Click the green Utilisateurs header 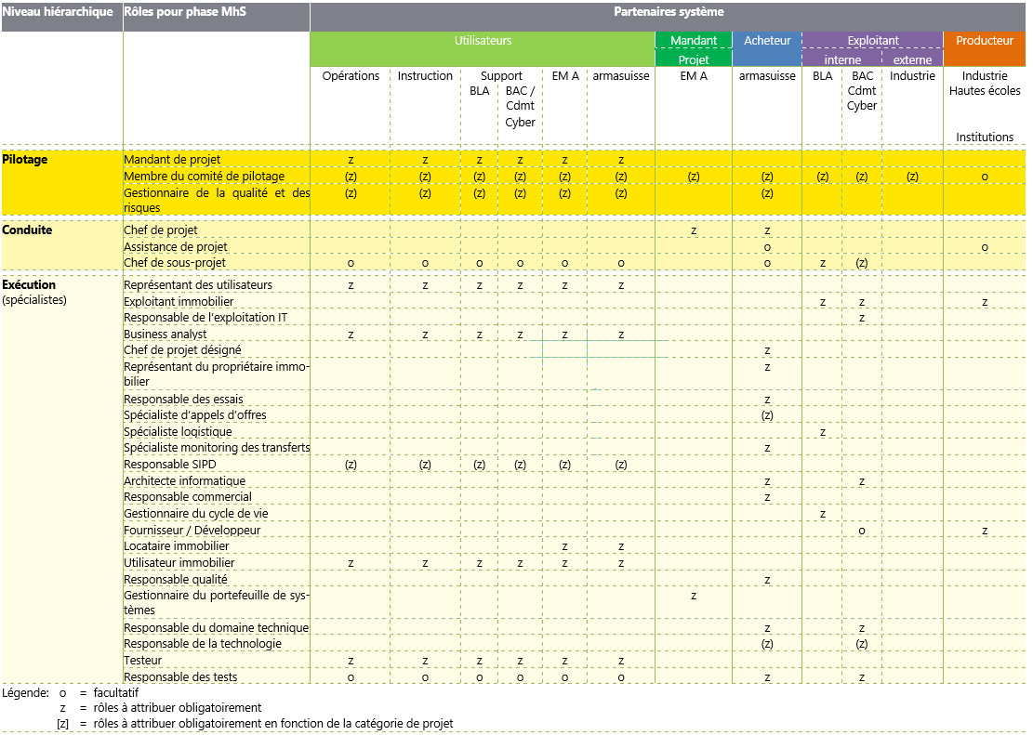(x=483, y=41)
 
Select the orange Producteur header (x=985, y=41)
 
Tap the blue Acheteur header (x=767, y=41)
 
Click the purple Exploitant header (x=872, y=41)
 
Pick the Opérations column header (x=351, y=76)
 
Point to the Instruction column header (x=425, y=76)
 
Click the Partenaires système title (x=669, y=12)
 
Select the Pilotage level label (x=25, y=160)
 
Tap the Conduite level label (x=27, y=230)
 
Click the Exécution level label (x=29, y=285)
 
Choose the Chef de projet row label (x=161, y=230)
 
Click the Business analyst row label (x=166, y=335)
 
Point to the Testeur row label (x=143, y=661)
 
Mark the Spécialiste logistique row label (x=178, y=432)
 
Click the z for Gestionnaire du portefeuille (x=694, y=596)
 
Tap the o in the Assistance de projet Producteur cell (x=985, y=247)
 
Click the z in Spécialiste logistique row (x=823, y=432)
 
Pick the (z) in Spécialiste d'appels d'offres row (x=767, y=415)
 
